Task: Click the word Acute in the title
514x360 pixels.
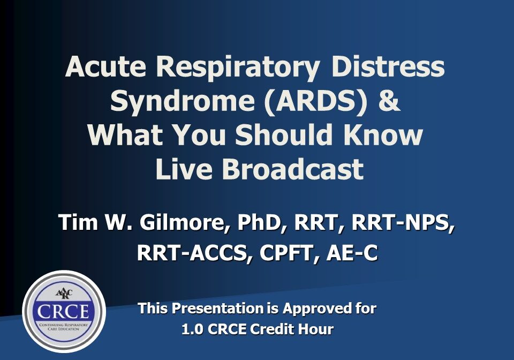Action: point(105,66)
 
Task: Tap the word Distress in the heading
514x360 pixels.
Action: point(388,66)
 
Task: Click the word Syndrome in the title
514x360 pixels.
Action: point(182,101)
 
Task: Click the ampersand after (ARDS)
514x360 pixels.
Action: point(389,100)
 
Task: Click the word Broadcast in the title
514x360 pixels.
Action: point(292,169)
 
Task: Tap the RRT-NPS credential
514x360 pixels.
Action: point(403,223)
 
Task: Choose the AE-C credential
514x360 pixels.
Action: point(352,253)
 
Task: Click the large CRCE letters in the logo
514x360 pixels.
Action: point(63,311)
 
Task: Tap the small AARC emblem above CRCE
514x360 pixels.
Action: point(64,293)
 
